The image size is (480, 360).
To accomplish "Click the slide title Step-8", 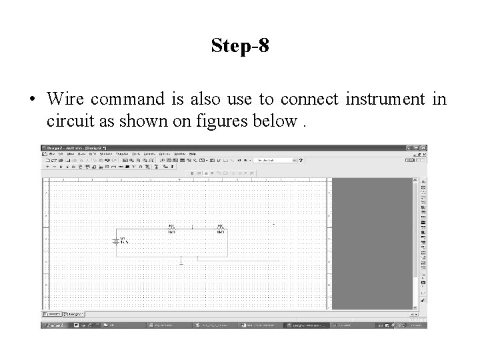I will (x=240, y=46).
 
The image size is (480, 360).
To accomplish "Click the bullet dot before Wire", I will (x=31, y=100).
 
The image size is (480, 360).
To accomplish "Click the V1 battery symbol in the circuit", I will (x=117, y=241).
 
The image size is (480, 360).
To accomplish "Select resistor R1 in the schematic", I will (x=171, y=229).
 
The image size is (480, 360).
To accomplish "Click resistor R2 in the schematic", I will (x=219, y=229).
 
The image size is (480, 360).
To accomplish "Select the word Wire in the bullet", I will (x=65, y=99).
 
